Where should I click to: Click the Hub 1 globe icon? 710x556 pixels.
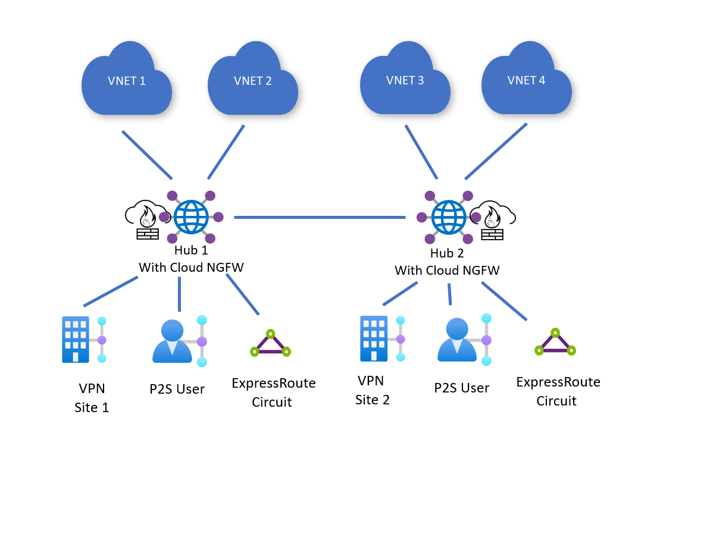click(191, 217)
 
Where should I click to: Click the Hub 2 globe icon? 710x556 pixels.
click(449, 218)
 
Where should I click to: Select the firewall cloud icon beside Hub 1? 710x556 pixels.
click(145, 221)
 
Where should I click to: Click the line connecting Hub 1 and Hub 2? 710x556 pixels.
click(320, 218)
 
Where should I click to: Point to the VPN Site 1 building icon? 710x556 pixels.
click(75, 339)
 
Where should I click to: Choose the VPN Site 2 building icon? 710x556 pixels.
click(374, 338)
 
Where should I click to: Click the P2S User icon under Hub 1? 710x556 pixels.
click(173, 341)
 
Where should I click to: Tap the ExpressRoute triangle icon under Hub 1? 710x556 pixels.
click(270, 344)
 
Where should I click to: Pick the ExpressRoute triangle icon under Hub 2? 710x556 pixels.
click(555, 343)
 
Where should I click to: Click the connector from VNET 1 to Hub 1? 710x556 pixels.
click(147, 155)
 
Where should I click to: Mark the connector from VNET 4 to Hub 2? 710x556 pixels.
click(496, 151)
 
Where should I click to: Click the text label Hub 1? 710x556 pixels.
click(191, 250)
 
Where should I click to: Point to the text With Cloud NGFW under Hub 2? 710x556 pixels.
click(447, 271)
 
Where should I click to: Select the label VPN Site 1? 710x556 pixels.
click(92, 398)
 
